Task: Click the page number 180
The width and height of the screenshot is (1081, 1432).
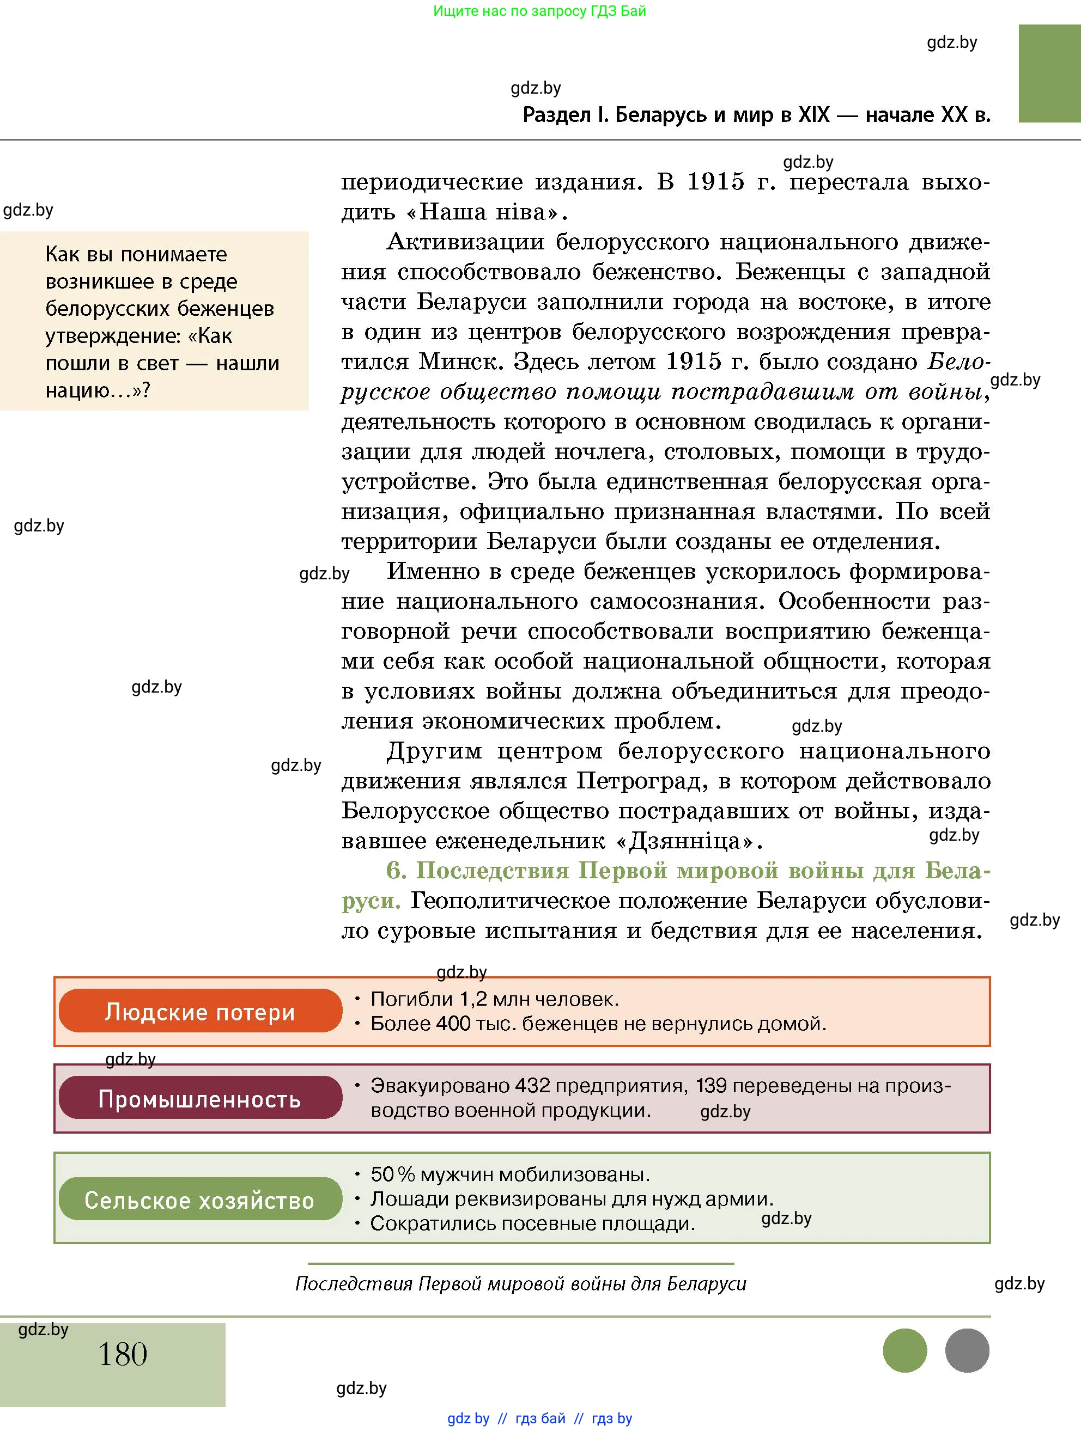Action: (x=123, y=1353)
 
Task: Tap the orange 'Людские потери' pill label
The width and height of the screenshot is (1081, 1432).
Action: (x=200, y=1011)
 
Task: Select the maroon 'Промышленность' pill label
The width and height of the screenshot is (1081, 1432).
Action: (x=200, y=1099)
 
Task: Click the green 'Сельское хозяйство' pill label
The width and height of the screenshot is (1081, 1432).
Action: (x=200, y=1200)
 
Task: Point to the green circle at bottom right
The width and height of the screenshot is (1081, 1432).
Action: (x=905, y=1350)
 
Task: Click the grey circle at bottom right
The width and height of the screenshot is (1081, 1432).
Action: (x=967, y=1350)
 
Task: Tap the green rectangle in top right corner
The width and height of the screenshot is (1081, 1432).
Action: (x=1049, y=73)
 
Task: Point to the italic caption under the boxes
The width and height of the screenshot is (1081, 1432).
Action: (x=521, y=1283)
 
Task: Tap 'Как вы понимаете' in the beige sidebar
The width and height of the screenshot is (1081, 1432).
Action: (x=136, y=254)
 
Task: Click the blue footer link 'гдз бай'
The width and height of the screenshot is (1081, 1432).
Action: (x=539, y=1418)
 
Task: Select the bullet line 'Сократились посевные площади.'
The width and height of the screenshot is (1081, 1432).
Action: (x=532, y=1223)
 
